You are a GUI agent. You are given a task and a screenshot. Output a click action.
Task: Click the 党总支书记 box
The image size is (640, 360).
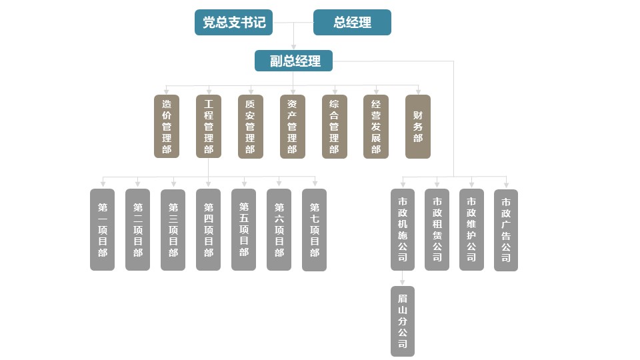point(234,22)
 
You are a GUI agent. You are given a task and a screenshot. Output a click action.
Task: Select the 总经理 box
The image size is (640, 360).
point(352,22)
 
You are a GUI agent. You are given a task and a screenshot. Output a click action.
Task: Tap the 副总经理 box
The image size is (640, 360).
point(293,61)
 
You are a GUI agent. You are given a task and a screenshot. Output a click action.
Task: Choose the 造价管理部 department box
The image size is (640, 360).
point(167,127)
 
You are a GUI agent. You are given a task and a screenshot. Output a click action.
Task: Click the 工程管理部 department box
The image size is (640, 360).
point(209,127)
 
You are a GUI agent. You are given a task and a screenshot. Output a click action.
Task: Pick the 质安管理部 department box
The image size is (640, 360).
point(250,127)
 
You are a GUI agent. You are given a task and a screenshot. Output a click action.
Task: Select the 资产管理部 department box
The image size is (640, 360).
point(292,127)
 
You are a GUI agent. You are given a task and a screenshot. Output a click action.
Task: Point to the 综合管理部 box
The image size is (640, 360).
point(334,127)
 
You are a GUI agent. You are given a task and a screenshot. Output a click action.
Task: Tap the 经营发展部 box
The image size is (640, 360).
point(376,127)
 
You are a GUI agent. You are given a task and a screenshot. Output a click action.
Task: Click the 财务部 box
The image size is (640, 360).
point(418,127)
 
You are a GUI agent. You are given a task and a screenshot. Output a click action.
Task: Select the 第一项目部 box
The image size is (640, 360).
point(102,230)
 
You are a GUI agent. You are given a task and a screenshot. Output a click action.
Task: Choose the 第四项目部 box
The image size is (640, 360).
point(208,230)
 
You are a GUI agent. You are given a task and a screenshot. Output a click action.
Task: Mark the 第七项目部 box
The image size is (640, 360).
point(314,230)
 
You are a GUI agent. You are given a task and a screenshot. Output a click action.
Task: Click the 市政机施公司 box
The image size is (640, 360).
point(402,230)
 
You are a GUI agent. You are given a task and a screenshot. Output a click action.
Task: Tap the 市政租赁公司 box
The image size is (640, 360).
point(437,230)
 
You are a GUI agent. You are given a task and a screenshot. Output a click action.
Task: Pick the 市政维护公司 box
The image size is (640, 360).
point(471,230)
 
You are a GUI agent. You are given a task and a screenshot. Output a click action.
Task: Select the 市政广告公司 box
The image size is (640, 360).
point(506,230)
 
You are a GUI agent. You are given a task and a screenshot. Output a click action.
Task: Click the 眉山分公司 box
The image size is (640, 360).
point(402,321)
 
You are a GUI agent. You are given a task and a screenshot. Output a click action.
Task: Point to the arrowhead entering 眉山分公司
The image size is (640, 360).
point(402,283)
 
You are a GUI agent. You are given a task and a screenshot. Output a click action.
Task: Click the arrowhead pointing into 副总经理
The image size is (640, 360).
point(293,47)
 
